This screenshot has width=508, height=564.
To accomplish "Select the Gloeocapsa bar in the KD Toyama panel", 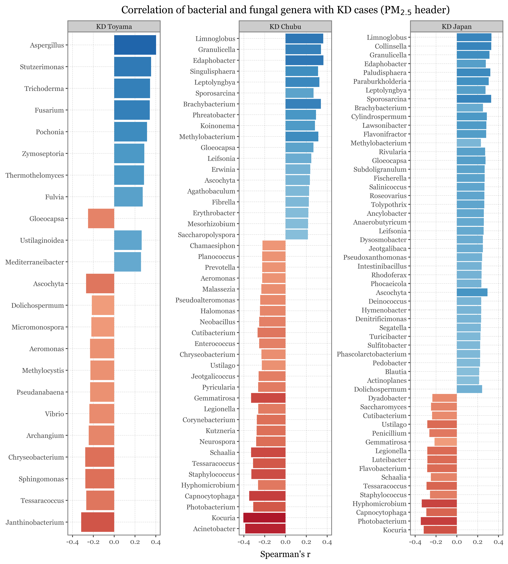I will (x=101, y=218).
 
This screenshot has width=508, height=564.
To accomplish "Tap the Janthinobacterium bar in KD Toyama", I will (x=98, y=522).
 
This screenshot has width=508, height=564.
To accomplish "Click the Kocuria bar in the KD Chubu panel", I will (x=264, y=518).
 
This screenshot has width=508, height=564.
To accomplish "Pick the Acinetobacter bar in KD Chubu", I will (x=265, y=529).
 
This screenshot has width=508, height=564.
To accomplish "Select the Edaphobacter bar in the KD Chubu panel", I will (x=304, y=60).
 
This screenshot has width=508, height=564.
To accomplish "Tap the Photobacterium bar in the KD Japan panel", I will (x=439, y=521).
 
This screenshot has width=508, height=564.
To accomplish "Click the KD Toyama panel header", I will (x=114, y=27).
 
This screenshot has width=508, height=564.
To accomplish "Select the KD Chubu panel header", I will (x=285, y=27).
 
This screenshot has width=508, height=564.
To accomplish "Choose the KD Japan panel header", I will (x=457, y=27).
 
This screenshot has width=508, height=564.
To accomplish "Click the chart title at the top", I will (x=285, y=10).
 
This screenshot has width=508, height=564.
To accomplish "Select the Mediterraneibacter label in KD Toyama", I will (x=35, y=262).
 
